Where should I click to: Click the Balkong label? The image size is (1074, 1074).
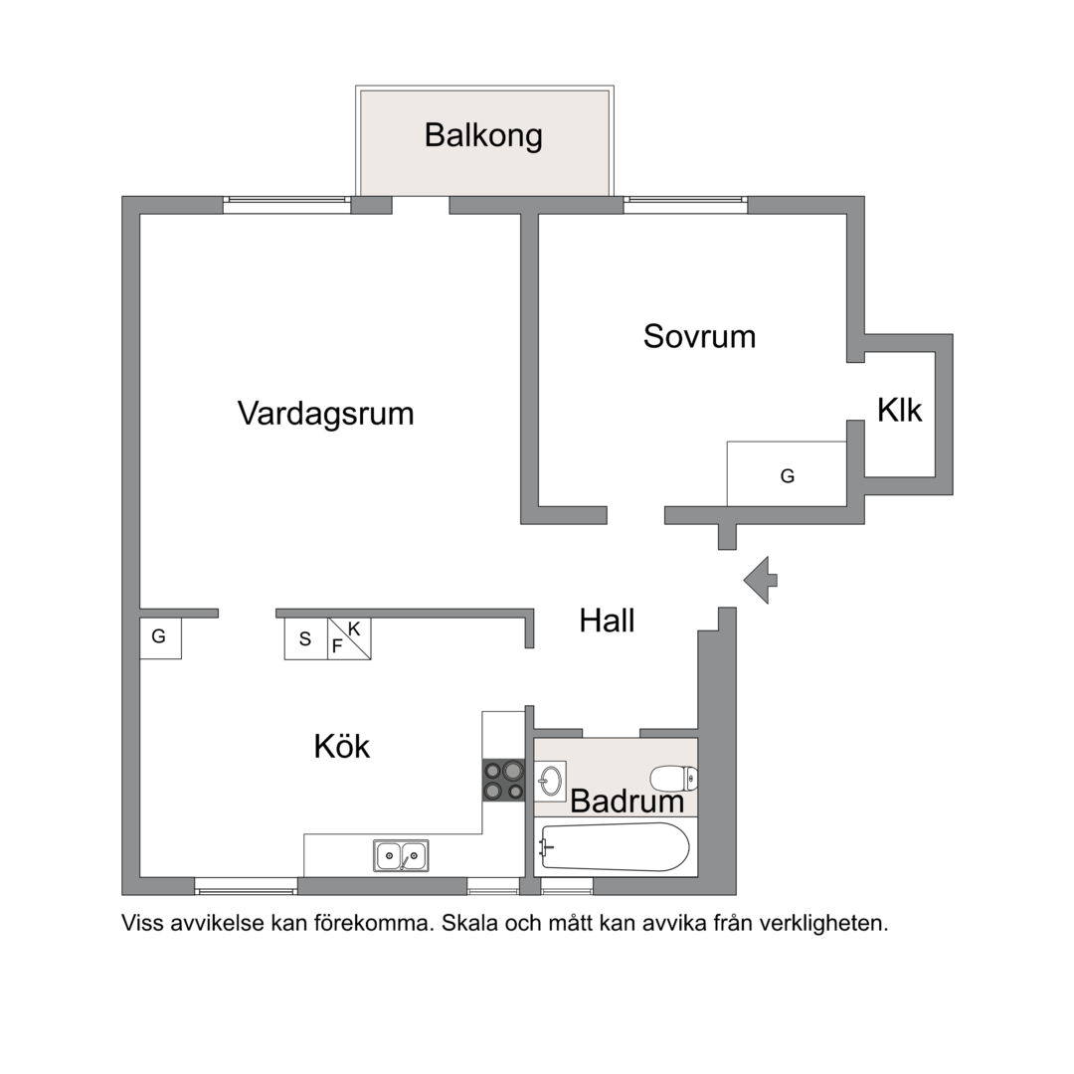pyautogui.click(x=483, y=135)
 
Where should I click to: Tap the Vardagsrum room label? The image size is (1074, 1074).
pyautogui.click(x=325, y=413)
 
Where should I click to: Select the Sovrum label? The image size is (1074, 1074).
pyautogui.click(x=699, y=336)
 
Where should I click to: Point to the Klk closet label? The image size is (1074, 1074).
pyautogui.click(x=899, y=410)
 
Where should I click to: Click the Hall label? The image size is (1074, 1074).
pyautogui.click(x=607, y=622)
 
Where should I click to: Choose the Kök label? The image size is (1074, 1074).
pyautogui.click(x=342, y=746)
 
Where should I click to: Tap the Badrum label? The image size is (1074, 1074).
pyautogui.click(x=626, y=802)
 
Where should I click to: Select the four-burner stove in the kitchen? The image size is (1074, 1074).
pyautogui.click(x=503, y=781)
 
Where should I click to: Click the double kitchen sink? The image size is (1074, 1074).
pyautogui.click(x=401, y=855)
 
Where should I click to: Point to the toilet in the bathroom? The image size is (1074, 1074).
pyautogui.click(x=674, y=778)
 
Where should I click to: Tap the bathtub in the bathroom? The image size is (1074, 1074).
pyautogui.click(x=614, y=847)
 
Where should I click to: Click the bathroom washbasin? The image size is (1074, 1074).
pyautogui.click(x=551, y=781)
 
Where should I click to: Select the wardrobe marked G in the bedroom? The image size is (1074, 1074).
pyautogui.click(x=787, y=475)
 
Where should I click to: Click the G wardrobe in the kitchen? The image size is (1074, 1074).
pyautogui.click(x=160, y=637)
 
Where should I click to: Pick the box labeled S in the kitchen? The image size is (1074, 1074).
pyautogui.click(x=305, y=639)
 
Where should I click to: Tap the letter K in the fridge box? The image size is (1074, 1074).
pyautogui.click(x=354, y=628)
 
